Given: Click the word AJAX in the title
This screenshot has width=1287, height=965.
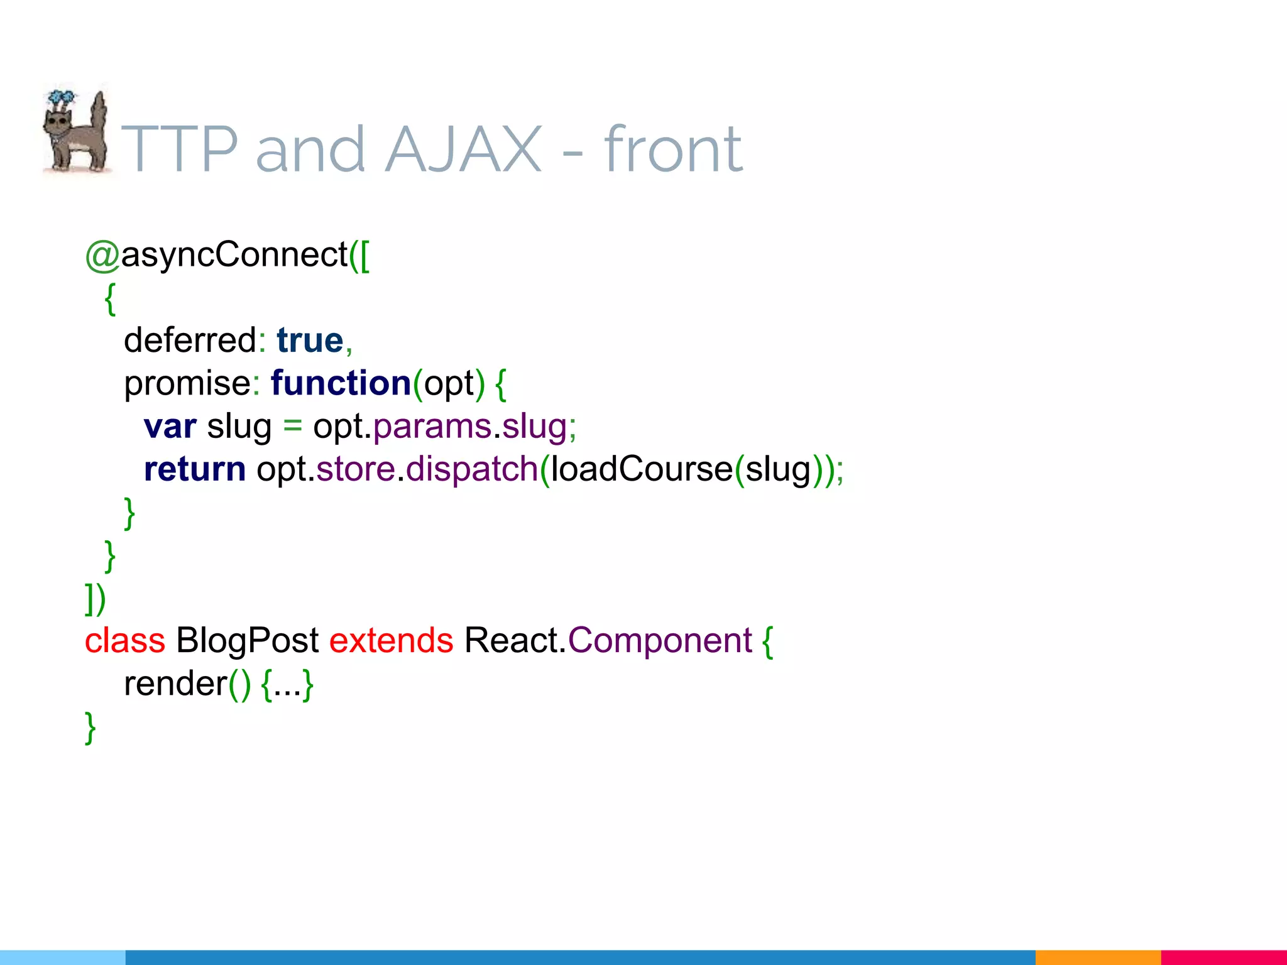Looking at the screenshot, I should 463,150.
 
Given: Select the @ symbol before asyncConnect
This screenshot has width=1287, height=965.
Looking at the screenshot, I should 102,256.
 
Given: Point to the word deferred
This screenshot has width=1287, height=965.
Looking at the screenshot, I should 190,341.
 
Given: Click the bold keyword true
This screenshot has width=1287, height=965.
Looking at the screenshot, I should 310,341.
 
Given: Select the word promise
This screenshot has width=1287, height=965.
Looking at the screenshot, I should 187,383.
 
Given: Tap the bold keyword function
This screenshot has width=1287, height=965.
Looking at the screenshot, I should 341,383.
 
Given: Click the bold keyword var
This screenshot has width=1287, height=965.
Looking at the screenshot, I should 170,427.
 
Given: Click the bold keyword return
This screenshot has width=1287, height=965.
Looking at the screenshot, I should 195,469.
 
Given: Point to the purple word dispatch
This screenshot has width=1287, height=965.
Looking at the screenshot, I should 472,469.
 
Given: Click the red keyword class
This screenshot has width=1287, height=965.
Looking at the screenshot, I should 125,641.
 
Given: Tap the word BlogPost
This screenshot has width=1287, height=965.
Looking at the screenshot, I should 247,641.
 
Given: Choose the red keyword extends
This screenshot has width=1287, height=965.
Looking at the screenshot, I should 391,641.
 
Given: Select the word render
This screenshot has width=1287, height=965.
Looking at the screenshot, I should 175,684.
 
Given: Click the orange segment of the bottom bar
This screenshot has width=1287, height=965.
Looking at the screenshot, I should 1097,957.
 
